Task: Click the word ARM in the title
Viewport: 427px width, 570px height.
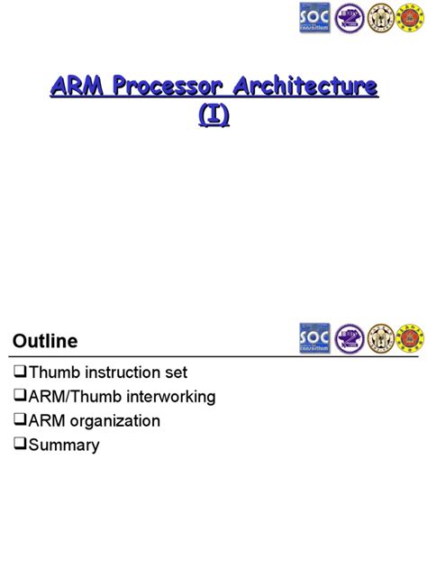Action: [x=75, y=88]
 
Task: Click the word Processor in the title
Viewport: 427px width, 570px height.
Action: [x=160, y=88]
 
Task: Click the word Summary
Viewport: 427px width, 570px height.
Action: [x=64, y=445]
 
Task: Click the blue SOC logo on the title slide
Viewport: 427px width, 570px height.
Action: [x=314, y=19]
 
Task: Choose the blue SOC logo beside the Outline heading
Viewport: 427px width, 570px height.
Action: [x=314, y=339]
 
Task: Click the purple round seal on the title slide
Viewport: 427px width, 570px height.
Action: [x=350, y=19]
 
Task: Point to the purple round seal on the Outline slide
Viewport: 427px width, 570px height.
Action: [x=350, y=339]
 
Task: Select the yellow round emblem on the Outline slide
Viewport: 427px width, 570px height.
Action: [x=381, y=339]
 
